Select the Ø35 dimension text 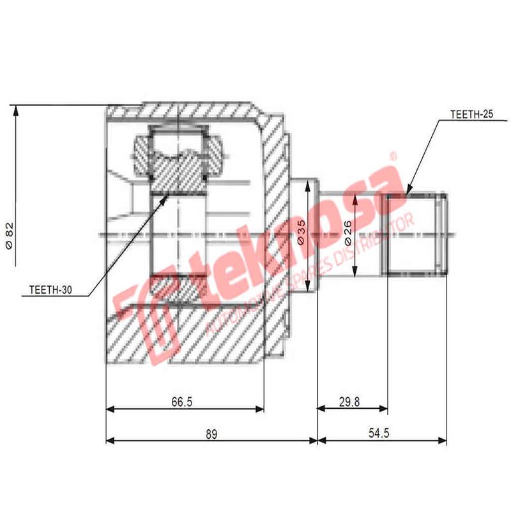click(301, 233)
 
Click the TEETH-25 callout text click(471, 115)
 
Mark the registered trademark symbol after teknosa click(393, 155)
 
